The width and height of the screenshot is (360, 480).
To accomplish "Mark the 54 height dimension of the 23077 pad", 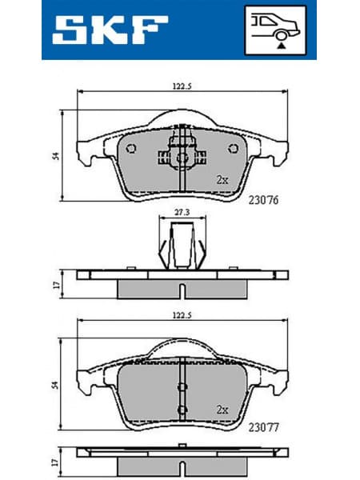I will tap(54, 385).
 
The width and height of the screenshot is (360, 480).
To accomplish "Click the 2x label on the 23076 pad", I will tap(222, 180).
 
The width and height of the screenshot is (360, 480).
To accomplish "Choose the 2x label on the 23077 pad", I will tap(222, 409).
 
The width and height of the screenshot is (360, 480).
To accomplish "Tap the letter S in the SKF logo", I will tap(70, 30).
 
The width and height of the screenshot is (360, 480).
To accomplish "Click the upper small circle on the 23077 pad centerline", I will tap(183, 386).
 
